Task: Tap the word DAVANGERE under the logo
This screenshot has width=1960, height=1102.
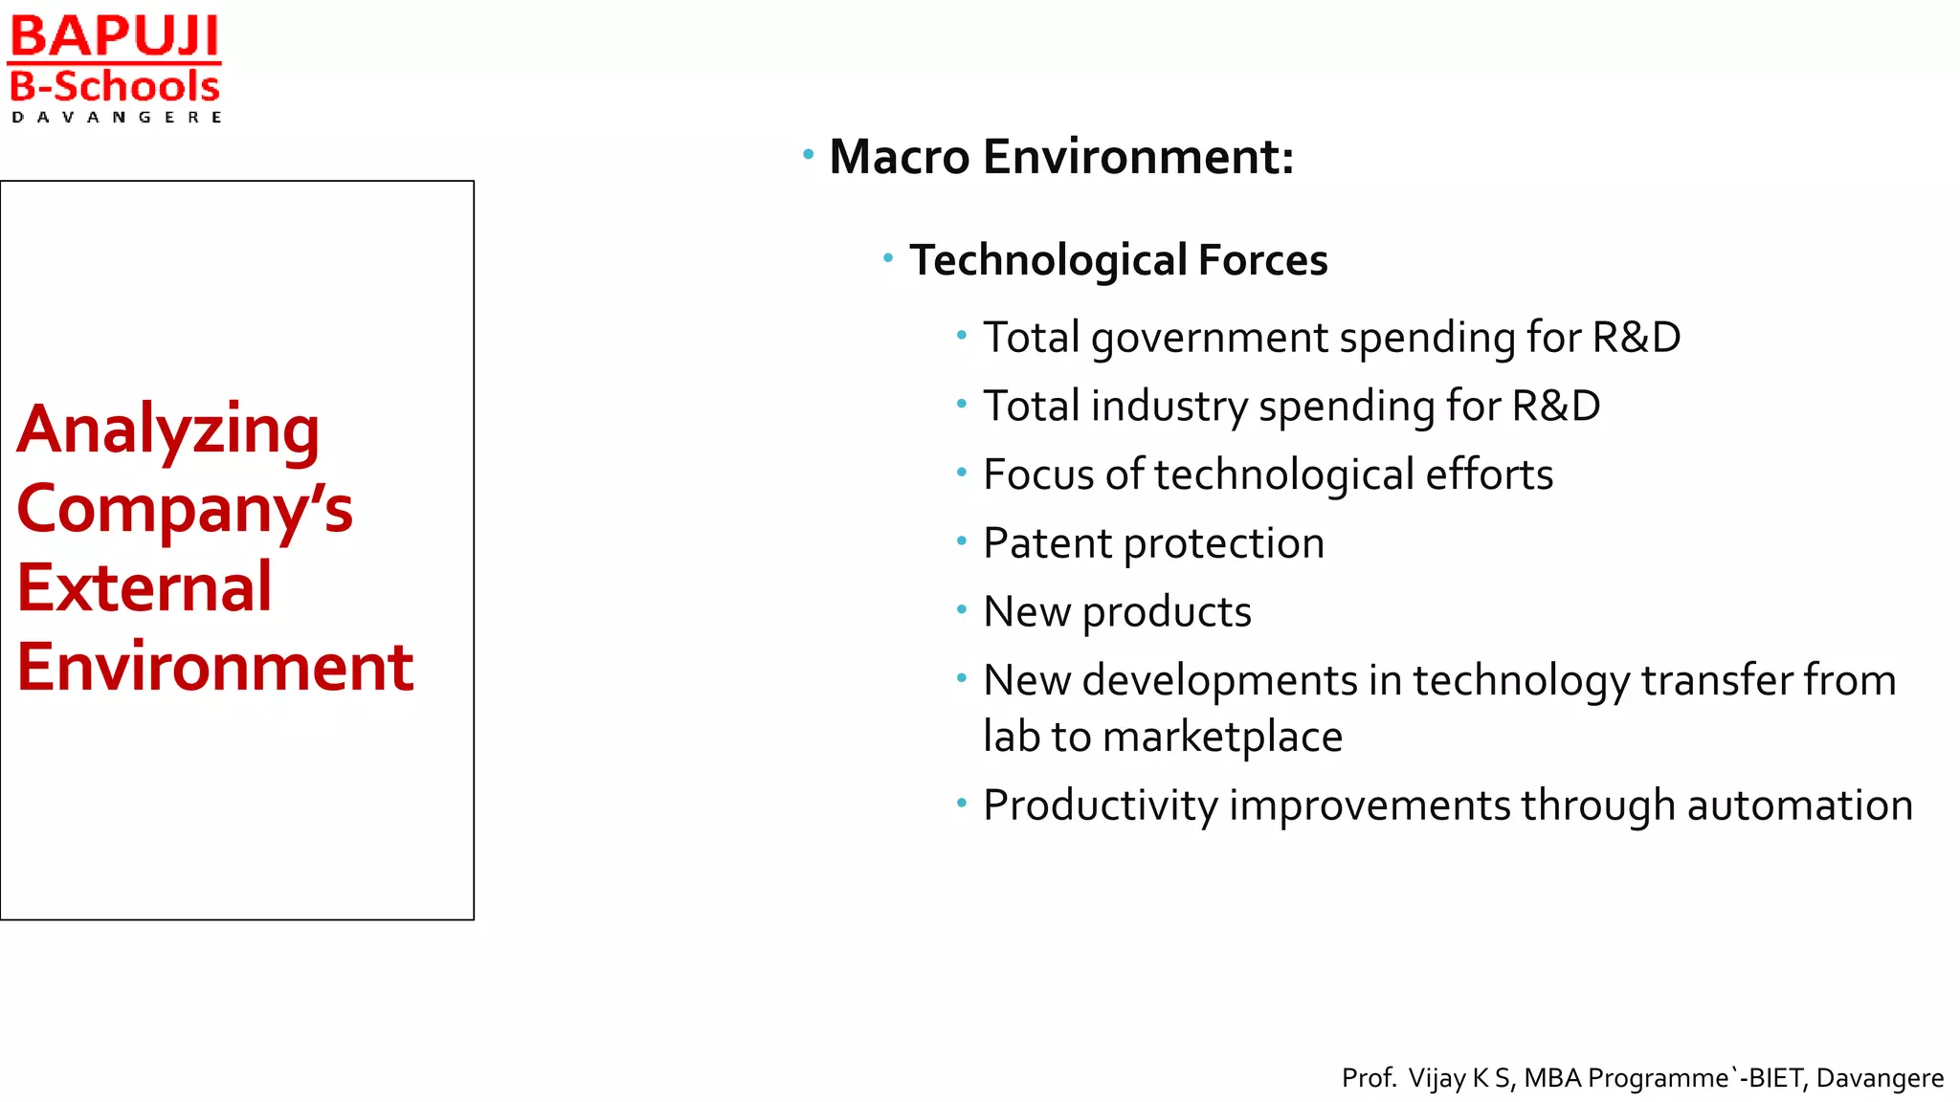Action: [117, 117]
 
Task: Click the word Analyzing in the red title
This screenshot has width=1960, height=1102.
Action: [168, 430]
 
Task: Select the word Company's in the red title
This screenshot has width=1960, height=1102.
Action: [185, 509]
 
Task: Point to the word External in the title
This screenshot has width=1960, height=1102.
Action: [145, 587]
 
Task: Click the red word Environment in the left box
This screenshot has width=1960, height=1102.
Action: [215, 667]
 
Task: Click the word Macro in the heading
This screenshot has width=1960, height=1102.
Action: [899, 157]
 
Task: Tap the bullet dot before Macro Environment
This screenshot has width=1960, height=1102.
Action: [809, 153]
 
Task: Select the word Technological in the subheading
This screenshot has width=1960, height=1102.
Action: [1048, 260]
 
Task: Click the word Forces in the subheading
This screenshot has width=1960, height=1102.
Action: [1262, 260]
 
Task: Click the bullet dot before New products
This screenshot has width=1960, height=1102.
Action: [962, 608]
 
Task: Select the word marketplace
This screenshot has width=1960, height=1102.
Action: [1222, 738]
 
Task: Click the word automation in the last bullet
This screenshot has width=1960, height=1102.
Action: [1799, 805]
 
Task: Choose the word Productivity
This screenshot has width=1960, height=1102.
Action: [1100, 805]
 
